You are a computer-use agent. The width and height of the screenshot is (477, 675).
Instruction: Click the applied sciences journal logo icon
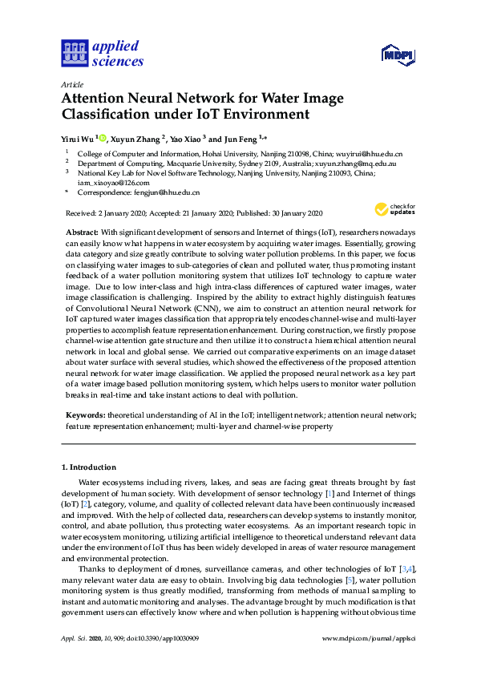click(74, 53)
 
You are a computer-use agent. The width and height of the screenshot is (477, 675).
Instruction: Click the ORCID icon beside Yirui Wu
click(103, 137)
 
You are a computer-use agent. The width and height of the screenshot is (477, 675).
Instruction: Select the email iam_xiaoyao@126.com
click(113, 182)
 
